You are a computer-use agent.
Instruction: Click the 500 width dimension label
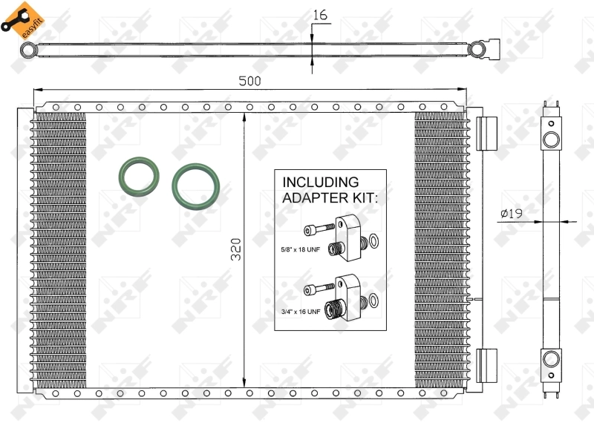pos(249,80)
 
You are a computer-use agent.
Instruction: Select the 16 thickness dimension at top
pos(320,14)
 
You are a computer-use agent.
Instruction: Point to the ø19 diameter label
pos(512,214)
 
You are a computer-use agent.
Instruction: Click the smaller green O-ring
pos(139,177)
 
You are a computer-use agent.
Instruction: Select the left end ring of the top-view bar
pos(29,50)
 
